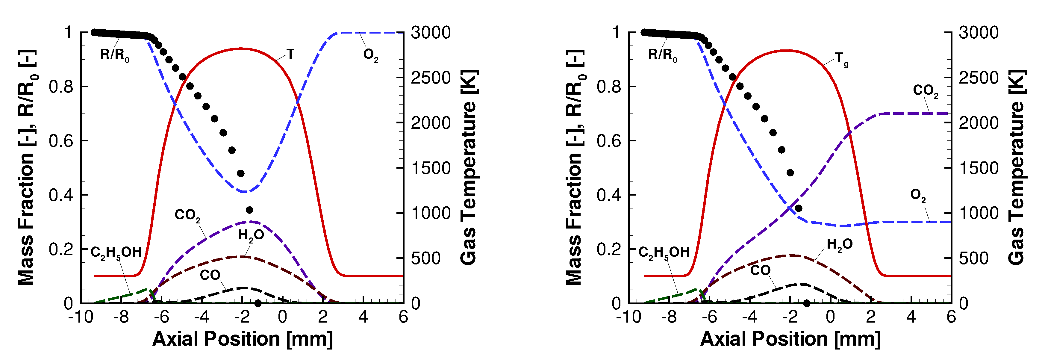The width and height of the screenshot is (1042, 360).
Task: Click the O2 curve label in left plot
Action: point(370,55)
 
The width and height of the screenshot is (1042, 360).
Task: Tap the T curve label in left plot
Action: point(290,54)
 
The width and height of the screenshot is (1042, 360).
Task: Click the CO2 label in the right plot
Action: point(925,91)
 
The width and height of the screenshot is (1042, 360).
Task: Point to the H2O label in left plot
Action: point(251,235)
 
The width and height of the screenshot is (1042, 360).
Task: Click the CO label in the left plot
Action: point(210,275)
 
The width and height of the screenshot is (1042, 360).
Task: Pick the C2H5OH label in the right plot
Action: point(664,253)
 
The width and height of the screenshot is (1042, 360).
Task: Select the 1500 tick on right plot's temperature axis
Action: point(978,168)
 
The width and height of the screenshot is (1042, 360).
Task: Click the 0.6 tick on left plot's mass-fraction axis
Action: point(61,141)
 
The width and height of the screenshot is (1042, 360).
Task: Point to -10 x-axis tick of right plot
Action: point(628,317)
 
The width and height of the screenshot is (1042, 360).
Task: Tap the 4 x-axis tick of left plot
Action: point(363,317)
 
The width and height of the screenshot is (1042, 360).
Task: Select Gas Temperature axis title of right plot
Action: point(1016,167)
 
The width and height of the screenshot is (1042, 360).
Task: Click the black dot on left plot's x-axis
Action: point(258,303)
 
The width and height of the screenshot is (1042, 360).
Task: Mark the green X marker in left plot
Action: point(152,294)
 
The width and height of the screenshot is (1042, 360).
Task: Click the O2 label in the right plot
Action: point(917,195)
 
